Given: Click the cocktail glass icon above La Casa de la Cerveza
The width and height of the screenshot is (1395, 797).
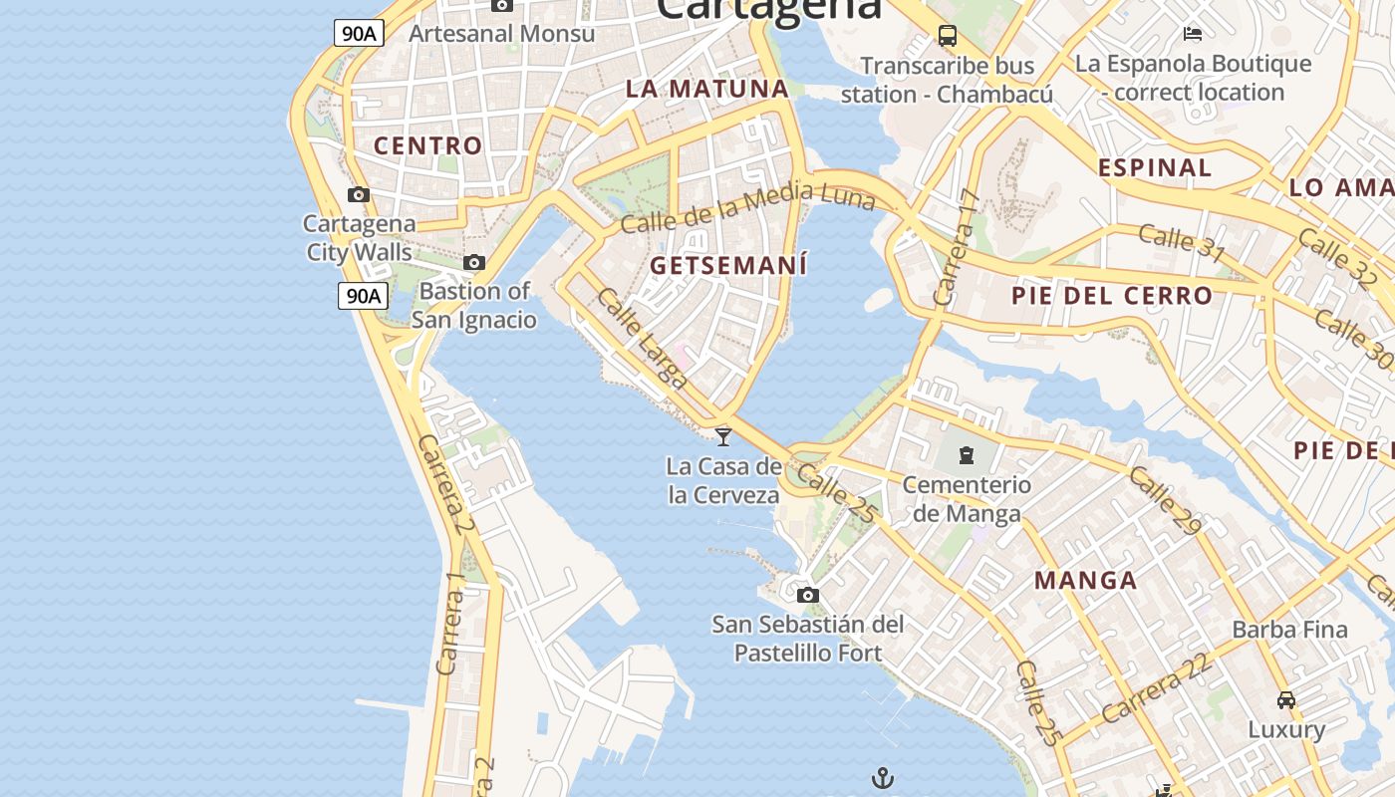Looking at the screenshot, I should point(723,436).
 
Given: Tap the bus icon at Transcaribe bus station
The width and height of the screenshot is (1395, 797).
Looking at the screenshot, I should point(948,37).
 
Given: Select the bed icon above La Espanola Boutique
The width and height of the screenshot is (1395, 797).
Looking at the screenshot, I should point(1193,34).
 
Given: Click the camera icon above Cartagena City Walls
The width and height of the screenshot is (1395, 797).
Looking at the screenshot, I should point(359,194).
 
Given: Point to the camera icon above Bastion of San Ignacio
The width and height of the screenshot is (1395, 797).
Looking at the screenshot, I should point(474,263).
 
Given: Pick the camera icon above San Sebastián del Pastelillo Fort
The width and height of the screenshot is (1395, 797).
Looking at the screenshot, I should point(808,596).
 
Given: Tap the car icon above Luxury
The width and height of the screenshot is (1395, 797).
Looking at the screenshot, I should point(1286,699).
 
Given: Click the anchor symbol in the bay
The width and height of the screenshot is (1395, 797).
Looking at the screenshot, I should point(883,778).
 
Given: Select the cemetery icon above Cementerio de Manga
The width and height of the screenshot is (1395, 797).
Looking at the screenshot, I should point(966,456).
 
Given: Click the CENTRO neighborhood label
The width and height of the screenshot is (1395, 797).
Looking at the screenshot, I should point(428,145).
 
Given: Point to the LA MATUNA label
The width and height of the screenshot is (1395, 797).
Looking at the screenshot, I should point(707,89).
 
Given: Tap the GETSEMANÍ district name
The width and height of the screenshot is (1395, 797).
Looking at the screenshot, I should point(728,266).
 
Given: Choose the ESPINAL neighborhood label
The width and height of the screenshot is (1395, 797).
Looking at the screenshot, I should point(1155,167).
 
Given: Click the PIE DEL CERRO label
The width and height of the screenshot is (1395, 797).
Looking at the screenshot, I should point(1112,296).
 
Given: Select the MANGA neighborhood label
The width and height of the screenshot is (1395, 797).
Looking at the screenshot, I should point(1085,580).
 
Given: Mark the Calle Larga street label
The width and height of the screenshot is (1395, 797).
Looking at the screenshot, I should point(643,338).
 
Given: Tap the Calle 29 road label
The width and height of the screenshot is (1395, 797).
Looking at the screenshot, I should point(1166,500).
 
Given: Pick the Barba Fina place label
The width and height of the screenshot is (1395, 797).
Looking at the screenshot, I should point(1289,630).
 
